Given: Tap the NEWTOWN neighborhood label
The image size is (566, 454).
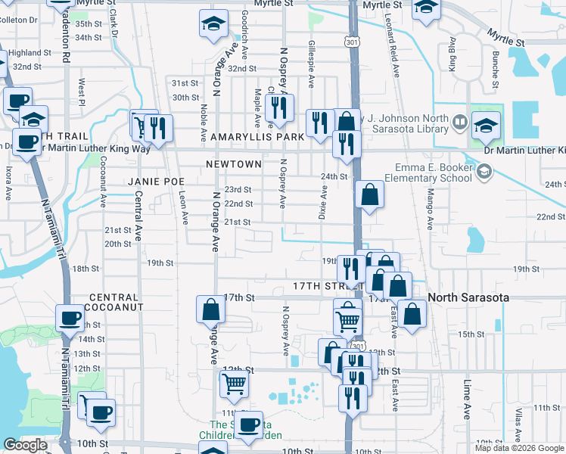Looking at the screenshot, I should pos(233,164).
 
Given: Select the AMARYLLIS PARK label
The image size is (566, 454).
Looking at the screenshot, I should pos(257,137).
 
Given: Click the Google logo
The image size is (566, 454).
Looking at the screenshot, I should pos(25,445).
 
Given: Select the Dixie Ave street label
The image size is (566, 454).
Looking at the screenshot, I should pos(324,204).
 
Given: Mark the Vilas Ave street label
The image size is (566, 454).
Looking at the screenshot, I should pos(518,425).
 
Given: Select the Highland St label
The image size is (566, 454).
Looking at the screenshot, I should pos(30,53).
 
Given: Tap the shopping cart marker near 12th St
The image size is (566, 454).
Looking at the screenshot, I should pos(234,384).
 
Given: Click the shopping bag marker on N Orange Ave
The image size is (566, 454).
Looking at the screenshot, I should pos(210,310).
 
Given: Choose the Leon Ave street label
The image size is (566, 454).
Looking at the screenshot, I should pos(184,207).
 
